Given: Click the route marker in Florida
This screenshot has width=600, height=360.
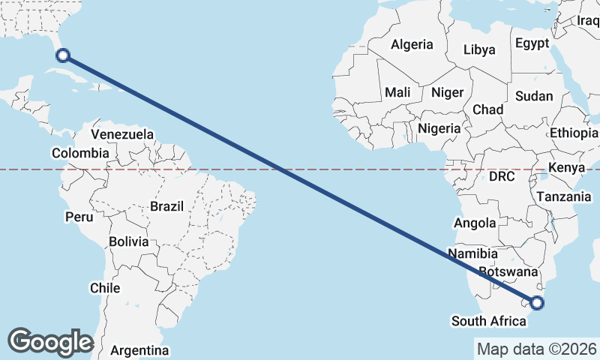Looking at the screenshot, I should [64, 55].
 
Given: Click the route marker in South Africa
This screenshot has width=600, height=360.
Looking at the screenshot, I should [537, 303].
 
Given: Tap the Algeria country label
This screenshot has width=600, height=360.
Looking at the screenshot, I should [412, 44].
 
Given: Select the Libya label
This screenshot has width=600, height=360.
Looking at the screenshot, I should [479, 50].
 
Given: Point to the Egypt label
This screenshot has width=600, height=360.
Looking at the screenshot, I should [532, 43].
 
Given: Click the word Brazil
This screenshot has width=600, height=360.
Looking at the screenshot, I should [166, 205].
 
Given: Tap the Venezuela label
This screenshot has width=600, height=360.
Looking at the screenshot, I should [122, 135].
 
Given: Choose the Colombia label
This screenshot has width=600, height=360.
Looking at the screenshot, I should [80, 153].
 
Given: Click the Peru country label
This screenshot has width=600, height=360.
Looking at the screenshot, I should [79, 217].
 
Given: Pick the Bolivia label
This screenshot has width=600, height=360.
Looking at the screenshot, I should [128, 241].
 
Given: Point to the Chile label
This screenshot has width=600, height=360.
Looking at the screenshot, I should [105, 287].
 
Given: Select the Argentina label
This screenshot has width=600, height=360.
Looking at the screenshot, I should [139, 350].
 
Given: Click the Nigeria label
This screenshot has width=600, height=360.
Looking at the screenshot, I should [439, 128].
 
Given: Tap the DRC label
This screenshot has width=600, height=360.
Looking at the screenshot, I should [502, 177].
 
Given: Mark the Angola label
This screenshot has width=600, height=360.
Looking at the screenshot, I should [475, 223].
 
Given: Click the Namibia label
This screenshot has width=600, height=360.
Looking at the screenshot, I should [473, 253].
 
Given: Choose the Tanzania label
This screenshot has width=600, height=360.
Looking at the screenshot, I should [563, 196].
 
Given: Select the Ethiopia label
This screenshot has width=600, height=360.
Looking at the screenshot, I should [574, 133].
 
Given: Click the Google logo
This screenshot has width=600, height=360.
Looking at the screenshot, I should [50, 342].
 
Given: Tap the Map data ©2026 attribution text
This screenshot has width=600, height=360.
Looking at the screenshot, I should [536, 349].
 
